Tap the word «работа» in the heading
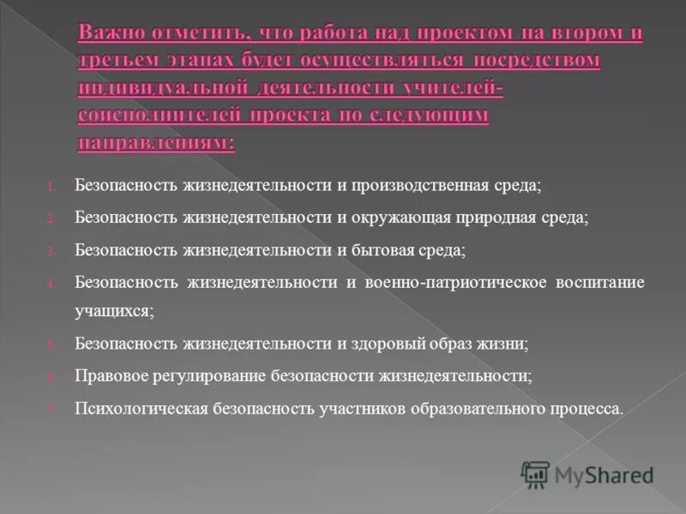(324, 35)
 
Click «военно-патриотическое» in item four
(457, 283)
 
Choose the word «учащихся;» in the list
(114, 312)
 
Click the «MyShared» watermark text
(604, 475)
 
